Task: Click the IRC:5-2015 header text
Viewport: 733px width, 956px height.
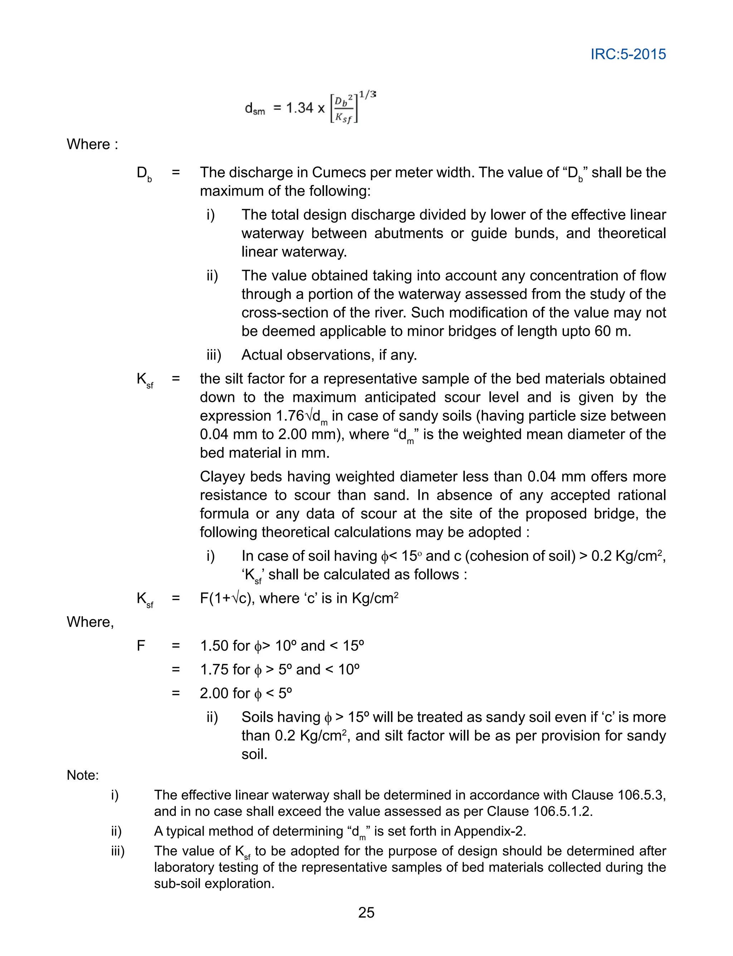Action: [x=628, y=54]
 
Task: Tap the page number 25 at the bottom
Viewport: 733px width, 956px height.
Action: [x=366, y=912]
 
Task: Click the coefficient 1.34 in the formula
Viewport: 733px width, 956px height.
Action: [x=299, y=107]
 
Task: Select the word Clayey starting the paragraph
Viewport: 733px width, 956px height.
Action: [x=223, y=476]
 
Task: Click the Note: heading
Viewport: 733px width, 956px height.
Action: [x=82, y=775]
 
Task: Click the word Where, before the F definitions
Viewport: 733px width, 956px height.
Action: [x=90, y=621]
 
